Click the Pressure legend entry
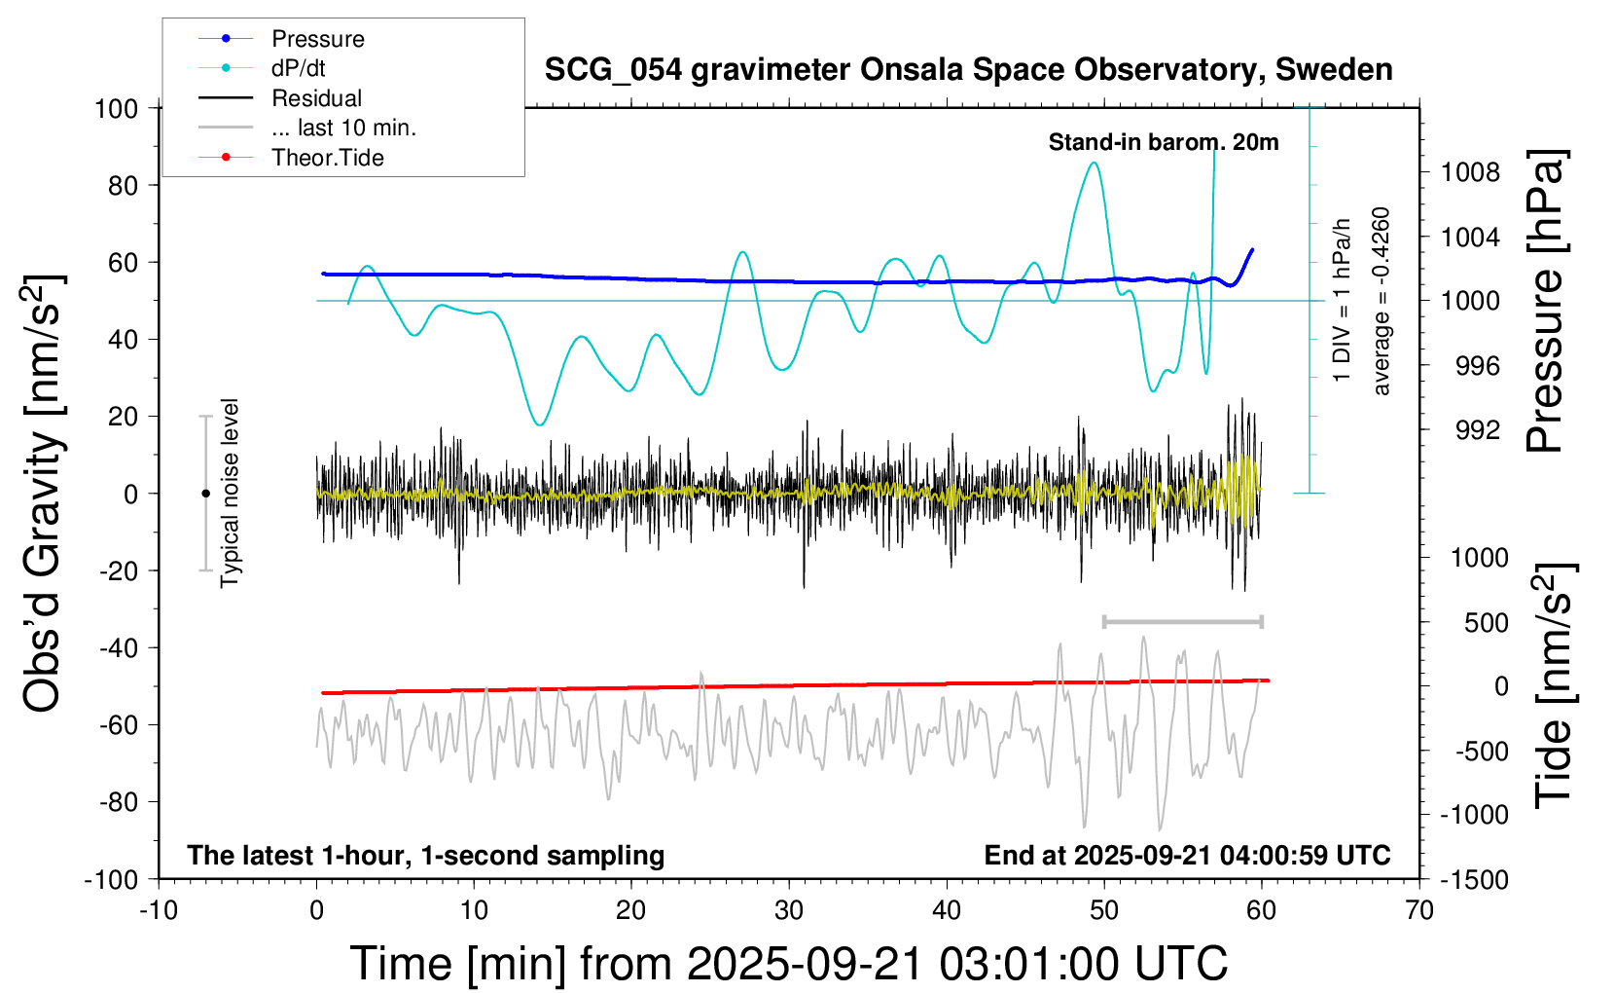(x=317, y=39)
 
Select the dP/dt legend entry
(x=298, y=68)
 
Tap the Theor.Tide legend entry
(x=327, y=158)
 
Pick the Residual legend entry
(x=316, y=98)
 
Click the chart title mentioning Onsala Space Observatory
(x=968, y=70)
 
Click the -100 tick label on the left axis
(x=111, y=879)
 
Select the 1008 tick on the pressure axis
(x=1470, y=173)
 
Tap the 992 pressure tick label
(x=1477, y=430)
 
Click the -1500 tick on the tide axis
(x=1475, y=880)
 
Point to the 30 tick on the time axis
(x=789, y=910)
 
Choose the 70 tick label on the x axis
(x=1419, y=910)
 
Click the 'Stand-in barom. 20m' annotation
(x=1163, y=142)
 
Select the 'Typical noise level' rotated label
(x=230, y=493)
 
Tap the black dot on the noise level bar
(x=205, y=494)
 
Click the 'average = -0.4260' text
(x=1382, y=301)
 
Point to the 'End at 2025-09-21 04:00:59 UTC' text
(x=1187, y=855)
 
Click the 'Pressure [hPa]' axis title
(x=1546, y=301)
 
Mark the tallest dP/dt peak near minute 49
(x=1095, y=163)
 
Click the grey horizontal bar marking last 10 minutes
(x=1182, y=621)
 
